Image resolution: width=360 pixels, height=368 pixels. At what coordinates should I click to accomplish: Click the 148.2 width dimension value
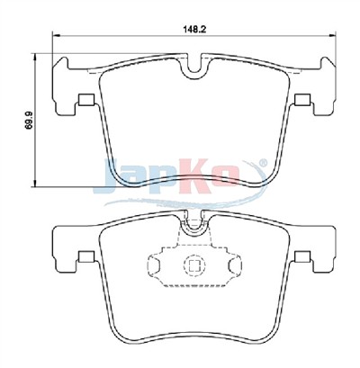tap(194, 29)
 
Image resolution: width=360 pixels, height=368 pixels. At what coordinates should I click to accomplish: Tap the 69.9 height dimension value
tap(29, 120)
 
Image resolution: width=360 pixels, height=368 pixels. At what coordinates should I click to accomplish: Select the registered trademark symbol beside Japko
tap(262, 163)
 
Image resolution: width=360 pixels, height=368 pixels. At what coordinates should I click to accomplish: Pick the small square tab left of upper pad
tap(86, 100)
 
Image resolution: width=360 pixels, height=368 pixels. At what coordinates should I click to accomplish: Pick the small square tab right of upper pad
tap(302, 100)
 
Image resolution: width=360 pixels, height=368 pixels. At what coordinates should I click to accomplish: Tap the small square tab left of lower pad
tap(86, 256)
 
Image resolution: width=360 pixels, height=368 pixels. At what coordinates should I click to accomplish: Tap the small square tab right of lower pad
tap(302, 256)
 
